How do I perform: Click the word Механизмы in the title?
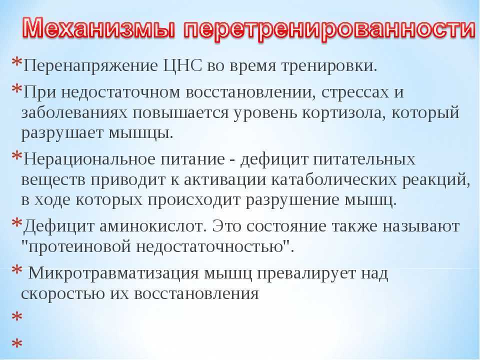point(98,28)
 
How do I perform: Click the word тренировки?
point(329,66)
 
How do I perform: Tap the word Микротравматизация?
point(113,273)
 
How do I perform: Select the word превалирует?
point(306,273)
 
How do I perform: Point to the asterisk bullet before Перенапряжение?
point(17,62)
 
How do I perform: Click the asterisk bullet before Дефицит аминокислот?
point(17,222)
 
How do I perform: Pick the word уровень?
point(265,113)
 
